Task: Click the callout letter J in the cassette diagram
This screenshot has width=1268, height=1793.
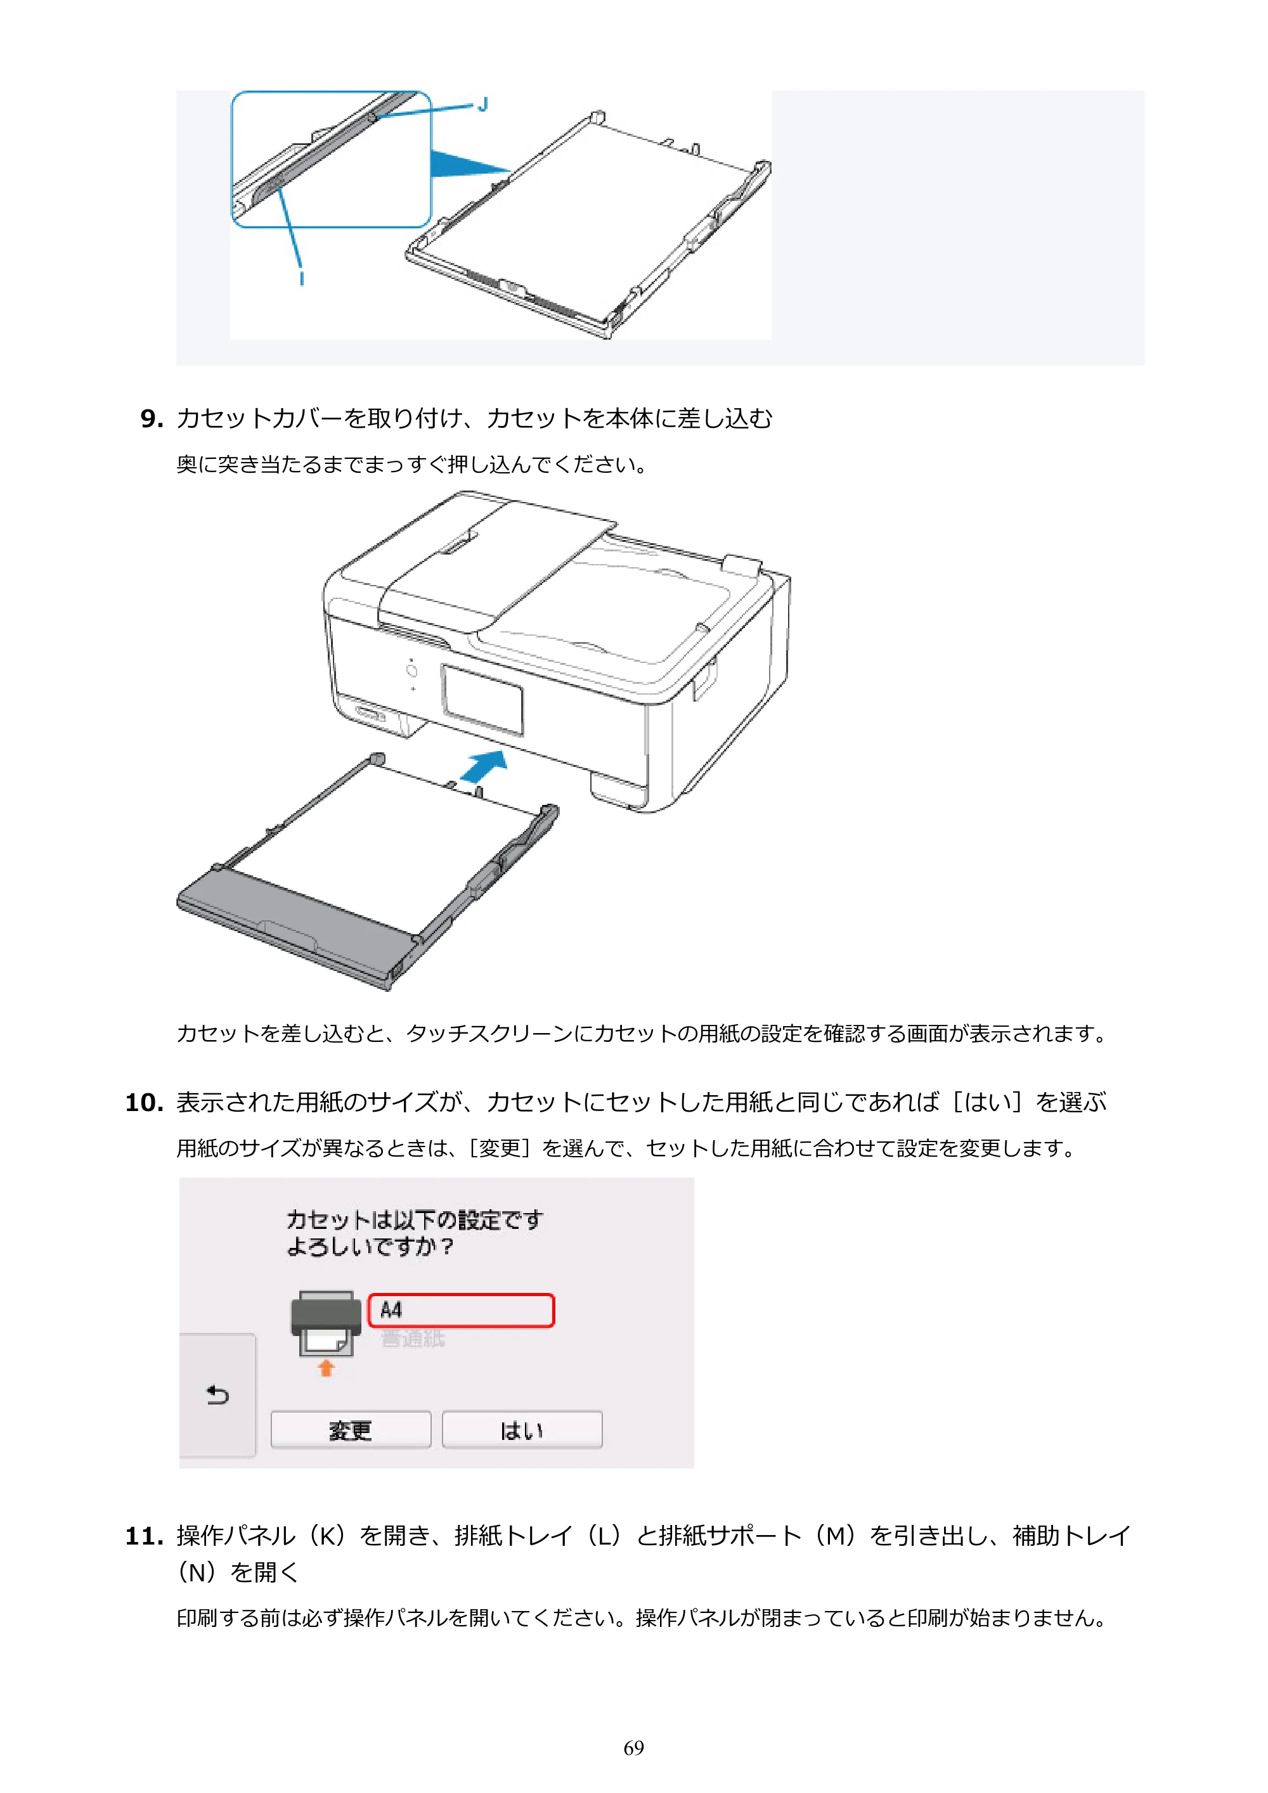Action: click(483, 104)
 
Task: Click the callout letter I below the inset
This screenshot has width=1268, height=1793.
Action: click(302, 278)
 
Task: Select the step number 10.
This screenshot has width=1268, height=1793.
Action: click(144, 1103)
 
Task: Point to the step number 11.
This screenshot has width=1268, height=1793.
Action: click(144, 1537)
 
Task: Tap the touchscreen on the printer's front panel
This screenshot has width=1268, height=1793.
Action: click(482, 700)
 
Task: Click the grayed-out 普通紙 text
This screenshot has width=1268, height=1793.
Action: click(413, 1339)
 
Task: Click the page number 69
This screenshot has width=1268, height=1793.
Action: click(633, 1748)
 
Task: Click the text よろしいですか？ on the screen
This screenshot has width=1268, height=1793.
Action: click(370, 1246)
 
